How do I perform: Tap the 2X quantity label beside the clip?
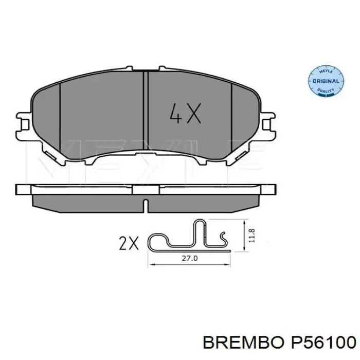point(129,243)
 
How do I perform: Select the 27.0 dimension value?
point(190,260)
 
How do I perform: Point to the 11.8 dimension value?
point(250,235)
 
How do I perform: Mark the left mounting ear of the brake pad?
point(23,123)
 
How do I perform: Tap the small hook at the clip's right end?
point(224,238)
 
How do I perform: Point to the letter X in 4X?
point(193,114)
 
